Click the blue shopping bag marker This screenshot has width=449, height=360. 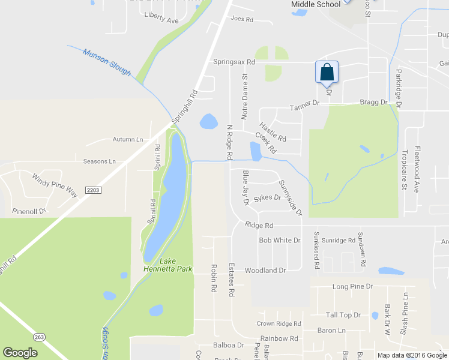pyautogui.click(x=327, y=72)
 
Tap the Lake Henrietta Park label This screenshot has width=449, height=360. pyautogui.click(x=167, y=265)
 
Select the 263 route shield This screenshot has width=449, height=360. pyautogui.click(x=40, y=337)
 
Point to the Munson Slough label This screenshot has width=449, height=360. pyautogui.click(x=107, y=62)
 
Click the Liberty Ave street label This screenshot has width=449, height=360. pyautogui.click(x=161, y=20)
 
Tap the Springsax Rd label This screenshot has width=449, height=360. pyautogui.click(x=234, y=62)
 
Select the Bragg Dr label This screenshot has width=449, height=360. pyautogui.click(x=373, y=103)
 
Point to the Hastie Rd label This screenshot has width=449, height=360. pyautogui.click(x=273, y=133)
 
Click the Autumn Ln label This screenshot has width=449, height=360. pyautogui.click(x=128, y=139)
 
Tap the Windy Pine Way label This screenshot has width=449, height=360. pyautogui.click(x=55, y=185)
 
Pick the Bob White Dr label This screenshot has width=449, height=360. pyautogui.click(x=279, y=240)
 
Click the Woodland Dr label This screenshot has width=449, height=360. pyautogui.click(x=265, y=271)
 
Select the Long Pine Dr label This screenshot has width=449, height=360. pyautogui.click(x=354, y=287)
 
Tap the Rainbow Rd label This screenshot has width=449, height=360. pyautogui.click(x=279, y=338)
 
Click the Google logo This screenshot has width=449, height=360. pyautogui.click(x=20, y=353)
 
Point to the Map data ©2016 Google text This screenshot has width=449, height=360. pyautogui.click(x=411, y=355)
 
